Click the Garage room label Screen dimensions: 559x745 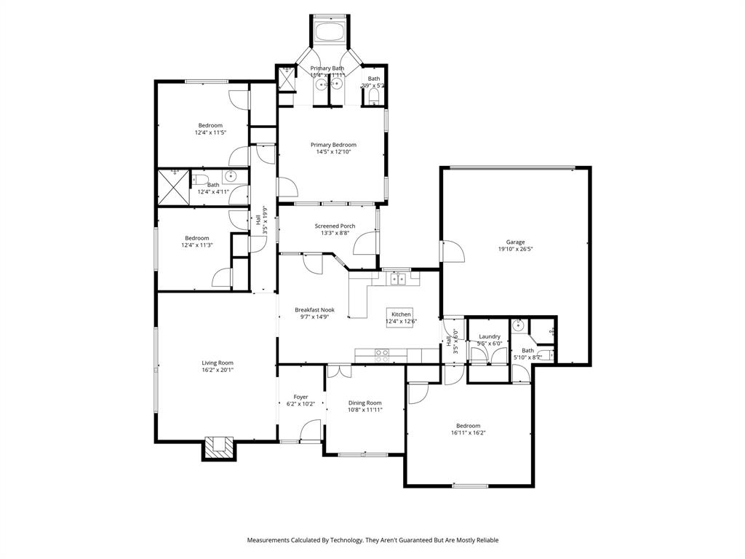tap(515, 242)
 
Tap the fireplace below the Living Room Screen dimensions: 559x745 tap(219, 448)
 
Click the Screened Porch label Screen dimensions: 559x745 tap(335, 226)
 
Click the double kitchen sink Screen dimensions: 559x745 tap(397, 277)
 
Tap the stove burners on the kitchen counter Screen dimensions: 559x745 tap(381, 354)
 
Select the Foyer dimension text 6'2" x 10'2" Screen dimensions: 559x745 tap(300, 404)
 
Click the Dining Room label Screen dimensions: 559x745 tap(364, 403)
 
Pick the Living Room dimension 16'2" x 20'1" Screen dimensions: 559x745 tap(218, 370)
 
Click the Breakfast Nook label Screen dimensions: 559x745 tap(314, 309)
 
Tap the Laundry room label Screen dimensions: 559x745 tap(489, 336)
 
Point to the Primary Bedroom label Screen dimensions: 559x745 tap(333, 145)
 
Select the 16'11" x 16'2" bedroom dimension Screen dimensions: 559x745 tap(468, 432)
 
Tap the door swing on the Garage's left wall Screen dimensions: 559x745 tap(453, 251)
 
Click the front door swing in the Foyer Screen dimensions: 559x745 tap(311, 431)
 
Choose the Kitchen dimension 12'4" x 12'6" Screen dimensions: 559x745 tap(401, 322)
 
